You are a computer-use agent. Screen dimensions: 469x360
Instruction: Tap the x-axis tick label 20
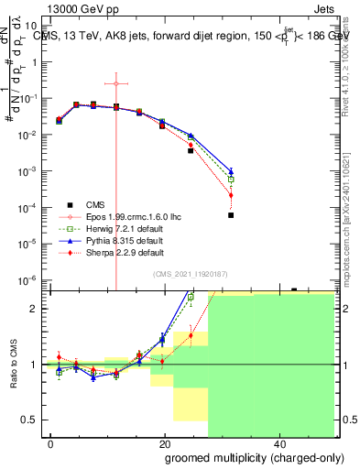[x=165, y=444]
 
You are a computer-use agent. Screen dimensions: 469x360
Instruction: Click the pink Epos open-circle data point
[x=116, y=83]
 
